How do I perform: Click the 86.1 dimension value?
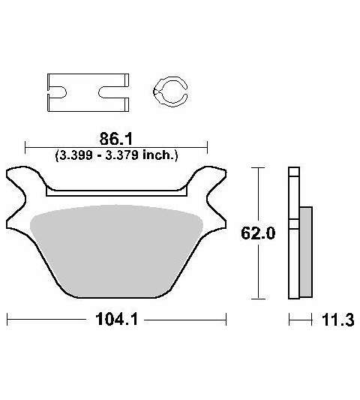pos(116,139)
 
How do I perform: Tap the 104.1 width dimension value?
pos(117,319)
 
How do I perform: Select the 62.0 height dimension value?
pos(258,233)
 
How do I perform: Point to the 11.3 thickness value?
pos(337,320)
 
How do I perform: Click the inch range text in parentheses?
pos(116,155)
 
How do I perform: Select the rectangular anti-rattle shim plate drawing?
pos(88,92)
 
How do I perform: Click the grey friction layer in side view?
pos(306,252)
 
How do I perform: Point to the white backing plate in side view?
pos(294,233)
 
